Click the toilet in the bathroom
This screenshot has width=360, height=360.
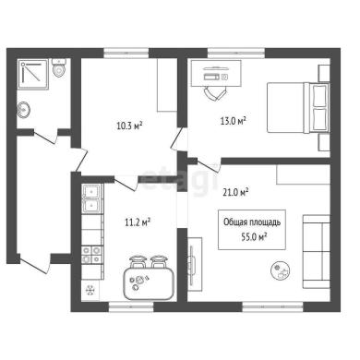(59, 68)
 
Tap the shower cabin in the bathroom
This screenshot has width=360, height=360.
(32, 75)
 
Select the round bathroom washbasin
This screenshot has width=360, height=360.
(23, 110)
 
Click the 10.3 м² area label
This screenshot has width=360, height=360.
(129, 126)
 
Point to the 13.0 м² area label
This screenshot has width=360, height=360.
(234, 121)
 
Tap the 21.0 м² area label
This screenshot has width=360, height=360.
(235, 193)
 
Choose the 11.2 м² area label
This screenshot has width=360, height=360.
(138, 222)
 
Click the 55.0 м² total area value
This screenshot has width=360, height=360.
(254, 237)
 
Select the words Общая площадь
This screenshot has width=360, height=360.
(252, 222)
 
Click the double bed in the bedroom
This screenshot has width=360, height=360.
(298, 107)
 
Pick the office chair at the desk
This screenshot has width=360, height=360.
(214, 92)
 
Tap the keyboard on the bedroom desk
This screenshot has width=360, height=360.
(212, 77)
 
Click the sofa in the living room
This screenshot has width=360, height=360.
(317, 252)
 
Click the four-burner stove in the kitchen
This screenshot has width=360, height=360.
(92, 255)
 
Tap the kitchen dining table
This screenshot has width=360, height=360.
(149, 283)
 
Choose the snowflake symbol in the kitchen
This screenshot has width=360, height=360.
(90, 290)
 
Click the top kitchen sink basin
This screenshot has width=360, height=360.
(91, 191)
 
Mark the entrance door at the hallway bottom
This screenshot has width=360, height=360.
(33, 264)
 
